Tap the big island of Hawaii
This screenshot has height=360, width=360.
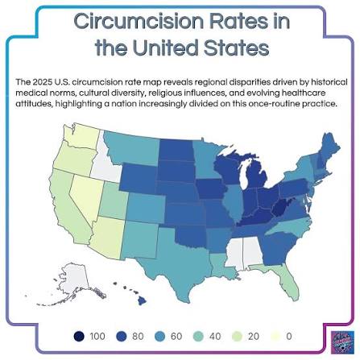pos(142,301)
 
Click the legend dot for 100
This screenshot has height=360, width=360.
pos(79,336)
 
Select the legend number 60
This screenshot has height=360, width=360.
pos(176,336)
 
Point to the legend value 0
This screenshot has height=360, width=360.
pos(289,336)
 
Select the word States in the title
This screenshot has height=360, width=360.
pos(236,48)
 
